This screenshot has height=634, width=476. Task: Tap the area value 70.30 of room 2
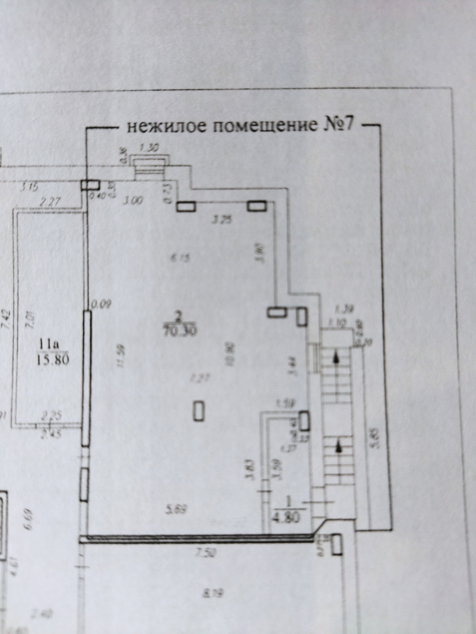(x=179, y=332)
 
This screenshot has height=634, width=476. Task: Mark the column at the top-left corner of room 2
(x=90, y=185)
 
